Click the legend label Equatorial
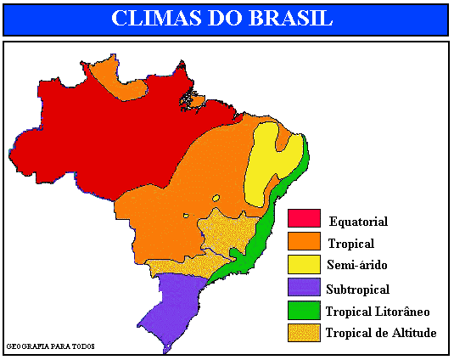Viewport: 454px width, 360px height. pos(358,222)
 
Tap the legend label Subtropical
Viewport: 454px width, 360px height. pos(357,289)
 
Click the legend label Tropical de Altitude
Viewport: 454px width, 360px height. pos(381,333)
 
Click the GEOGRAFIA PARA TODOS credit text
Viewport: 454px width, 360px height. pos(50,346)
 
